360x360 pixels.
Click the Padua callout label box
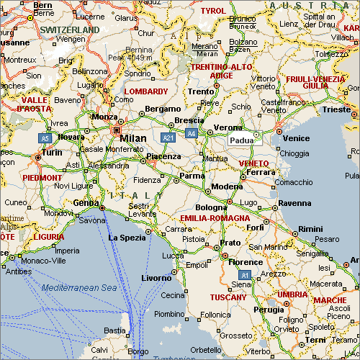[240, 140]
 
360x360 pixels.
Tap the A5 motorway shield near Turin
[45, 137]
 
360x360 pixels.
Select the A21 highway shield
[168, 137]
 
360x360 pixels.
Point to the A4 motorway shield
[191, 133]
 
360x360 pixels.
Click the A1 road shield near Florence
[245, 275]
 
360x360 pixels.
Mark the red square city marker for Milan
[117, 130]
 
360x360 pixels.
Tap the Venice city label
[297, 138]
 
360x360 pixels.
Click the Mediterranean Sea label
[78, 287]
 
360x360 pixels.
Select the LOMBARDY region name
[145, 92]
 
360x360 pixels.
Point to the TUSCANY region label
[228, 297]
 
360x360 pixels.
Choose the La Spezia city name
[127, 238]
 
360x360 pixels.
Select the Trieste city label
[336, 109]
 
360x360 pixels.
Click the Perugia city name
[269, 310]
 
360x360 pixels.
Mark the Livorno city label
[156, 278]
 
